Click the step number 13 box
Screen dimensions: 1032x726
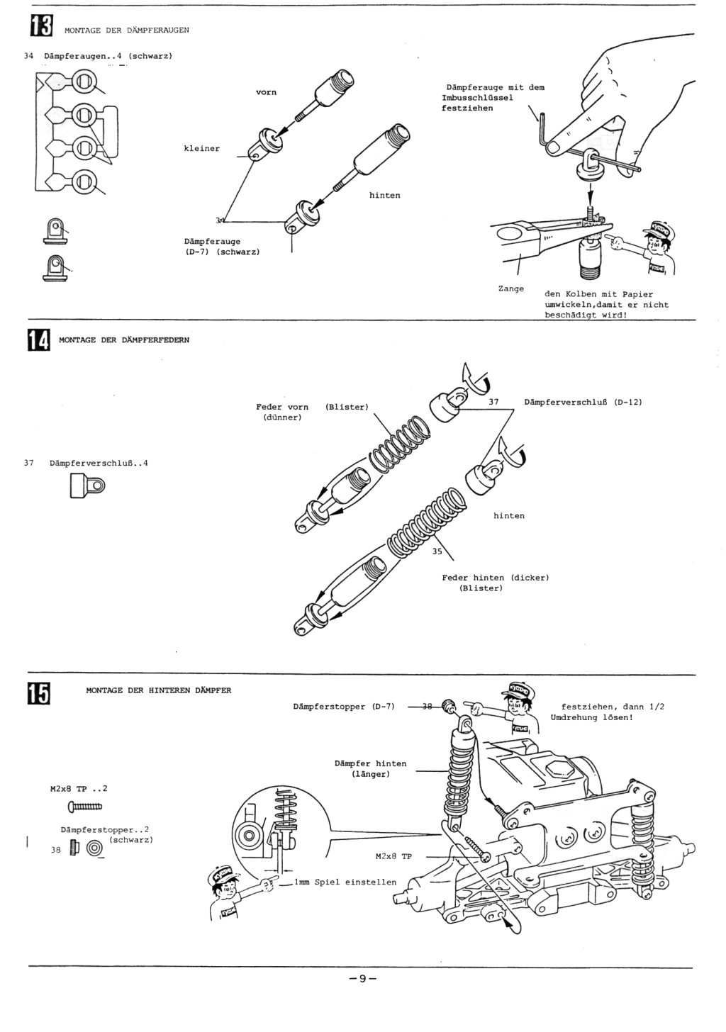(x=40, y=26)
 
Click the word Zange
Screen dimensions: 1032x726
(x=511, y=288)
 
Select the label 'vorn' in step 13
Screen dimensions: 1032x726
(x=266, y=92)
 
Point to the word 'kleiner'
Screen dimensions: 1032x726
(x=202, y=149)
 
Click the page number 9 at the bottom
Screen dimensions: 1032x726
(x=362, y=979)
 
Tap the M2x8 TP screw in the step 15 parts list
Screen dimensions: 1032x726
(x=85, y=805)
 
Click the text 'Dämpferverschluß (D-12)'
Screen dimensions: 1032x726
(x=583, y=402)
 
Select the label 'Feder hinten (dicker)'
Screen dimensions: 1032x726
(x=495, y=578)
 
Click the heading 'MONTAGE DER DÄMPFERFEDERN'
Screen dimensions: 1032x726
(x=124, y=340)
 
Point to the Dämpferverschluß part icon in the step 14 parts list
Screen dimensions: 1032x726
(x=86, y=486)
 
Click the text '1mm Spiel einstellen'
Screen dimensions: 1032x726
(x=345, y=882)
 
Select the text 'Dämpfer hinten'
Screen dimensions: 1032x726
(x=370, y=763)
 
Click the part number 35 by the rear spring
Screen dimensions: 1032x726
(x=437, y=551)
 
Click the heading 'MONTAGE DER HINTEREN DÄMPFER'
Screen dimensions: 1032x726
(x=159, y=690)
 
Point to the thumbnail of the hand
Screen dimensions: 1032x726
(x=624, y=106)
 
